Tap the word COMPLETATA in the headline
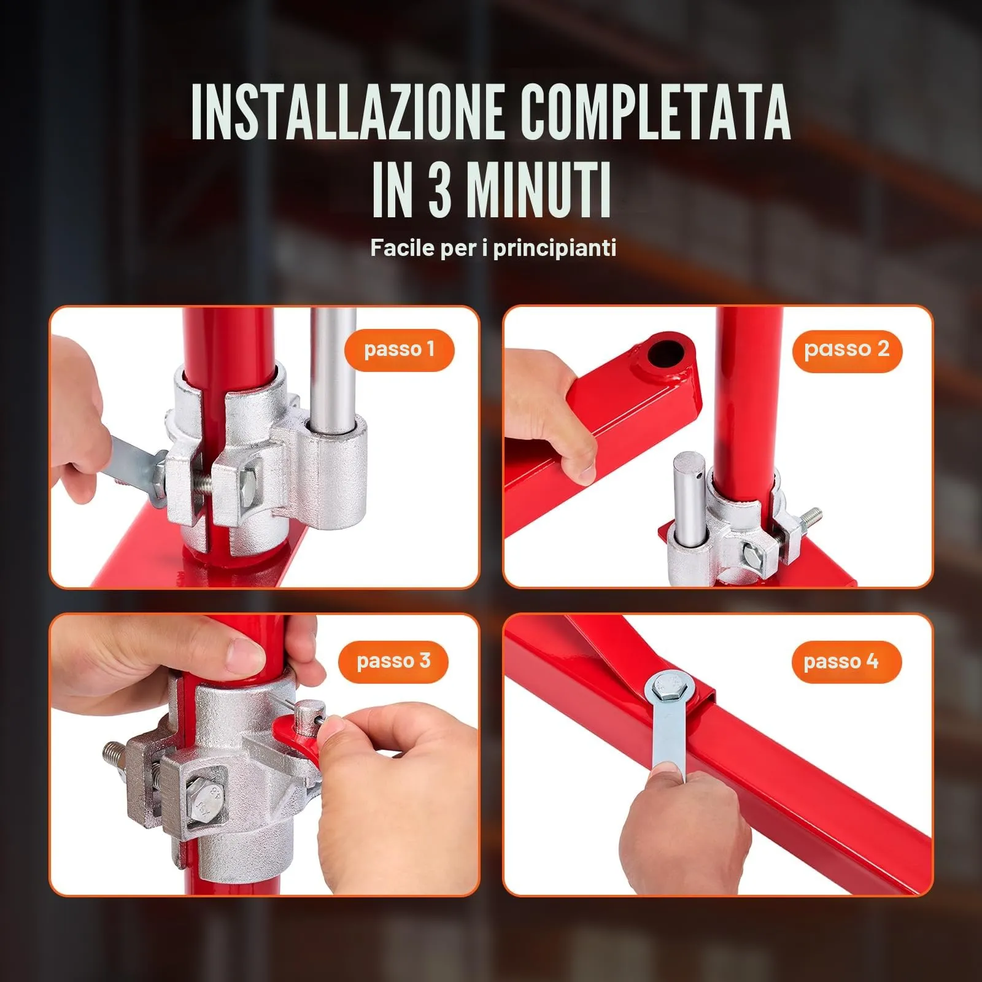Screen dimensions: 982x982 (x=655, y=112)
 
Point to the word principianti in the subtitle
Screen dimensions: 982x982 (x=554, y=248)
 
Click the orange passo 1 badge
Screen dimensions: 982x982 (x=399, y=350)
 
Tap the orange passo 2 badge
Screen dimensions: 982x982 (x=846, y=350)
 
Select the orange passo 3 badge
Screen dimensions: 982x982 (x=393, y=661)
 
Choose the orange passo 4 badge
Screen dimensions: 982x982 (x=840, y=662)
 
